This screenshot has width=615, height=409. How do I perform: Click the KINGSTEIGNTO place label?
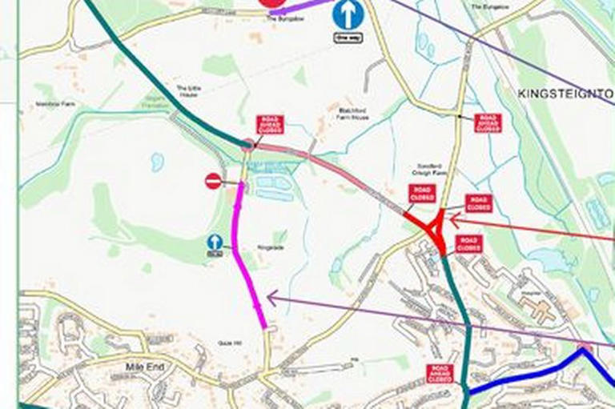565,94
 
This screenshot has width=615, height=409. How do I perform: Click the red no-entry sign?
213,182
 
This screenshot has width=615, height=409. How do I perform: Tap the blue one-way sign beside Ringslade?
215,243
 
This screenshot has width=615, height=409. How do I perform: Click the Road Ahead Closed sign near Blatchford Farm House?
270,124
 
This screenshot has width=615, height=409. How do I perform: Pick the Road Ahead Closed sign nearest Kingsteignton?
487,122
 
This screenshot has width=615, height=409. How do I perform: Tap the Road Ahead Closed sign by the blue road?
440,373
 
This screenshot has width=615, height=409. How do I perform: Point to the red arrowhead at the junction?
453,216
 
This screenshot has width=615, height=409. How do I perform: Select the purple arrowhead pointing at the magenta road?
271,298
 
